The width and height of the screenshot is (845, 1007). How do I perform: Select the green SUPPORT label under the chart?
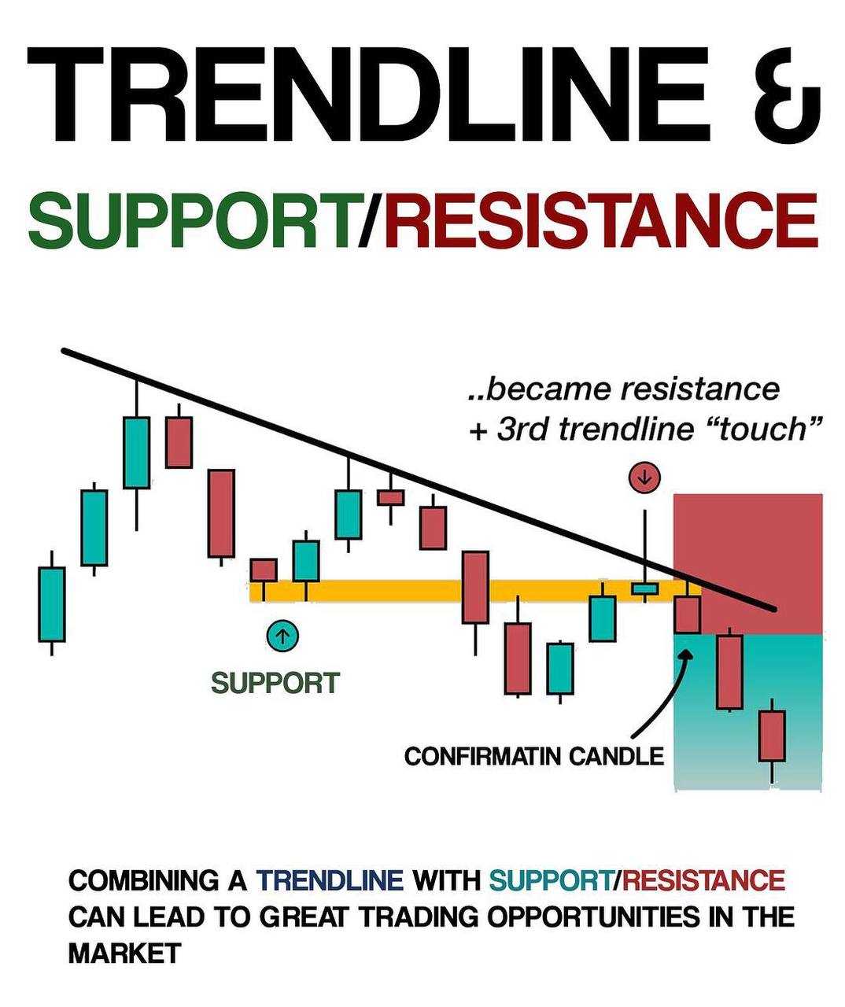coord(275,684)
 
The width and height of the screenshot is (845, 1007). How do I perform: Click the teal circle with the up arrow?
coord(282,636)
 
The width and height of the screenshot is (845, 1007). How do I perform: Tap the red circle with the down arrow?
coord(644,478)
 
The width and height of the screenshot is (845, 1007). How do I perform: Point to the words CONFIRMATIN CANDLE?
coord(534,756)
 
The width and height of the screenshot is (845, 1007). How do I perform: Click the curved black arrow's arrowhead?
coord(687,654)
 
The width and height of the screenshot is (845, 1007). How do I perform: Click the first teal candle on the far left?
coord(52,604)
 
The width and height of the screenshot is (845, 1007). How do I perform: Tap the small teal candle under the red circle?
coord(645,589)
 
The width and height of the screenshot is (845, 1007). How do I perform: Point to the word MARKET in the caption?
coord(125,954)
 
